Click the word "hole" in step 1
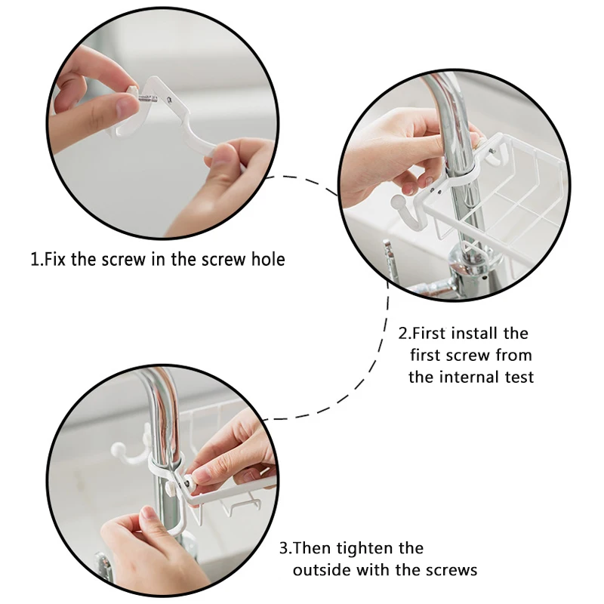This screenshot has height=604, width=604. coord(268,259)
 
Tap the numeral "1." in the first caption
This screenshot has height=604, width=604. coord(36,259)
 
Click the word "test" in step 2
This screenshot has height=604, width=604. coord(519,377)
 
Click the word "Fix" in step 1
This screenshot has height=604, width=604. coord(55,259)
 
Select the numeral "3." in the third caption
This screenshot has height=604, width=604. coord(286,549)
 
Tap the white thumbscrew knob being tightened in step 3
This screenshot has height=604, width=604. coord(190,481)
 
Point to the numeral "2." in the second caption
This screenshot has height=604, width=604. coord(405,334)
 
